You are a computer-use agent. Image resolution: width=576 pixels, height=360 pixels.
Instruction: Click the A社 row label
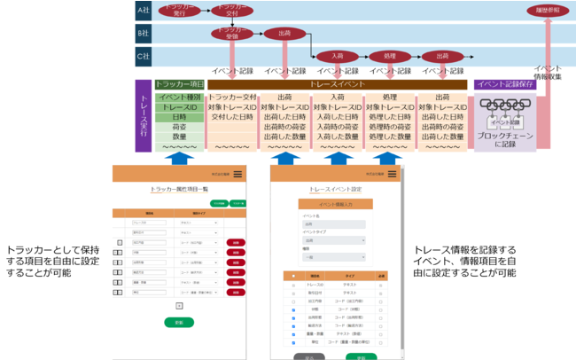[x=143, y=11]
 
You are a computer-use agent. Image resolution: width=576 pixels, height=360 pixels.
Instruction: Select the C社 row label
[x=143, y=55]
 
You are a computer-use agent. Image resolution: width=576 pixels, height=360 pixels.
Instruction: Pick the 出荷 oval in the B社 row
[x=284, y=33]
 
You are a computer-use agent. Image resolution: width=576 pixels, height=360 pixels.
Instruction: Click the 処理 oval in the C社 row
[x=389, y=55]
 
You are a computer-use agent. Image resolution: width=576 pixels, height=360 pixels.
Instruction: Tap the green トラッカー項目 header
[x=179, y=84]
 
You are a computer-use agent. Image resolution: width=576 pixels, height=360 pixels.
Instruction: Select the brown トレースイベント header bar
[x=338, y=84]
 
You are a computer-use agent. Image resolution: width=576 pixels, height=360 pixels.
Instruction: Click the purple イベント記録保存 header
[x=504, y=84]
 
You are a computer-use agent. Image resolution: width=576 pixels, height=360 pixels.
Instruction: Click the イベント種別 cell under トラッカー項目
[x=180, y=97]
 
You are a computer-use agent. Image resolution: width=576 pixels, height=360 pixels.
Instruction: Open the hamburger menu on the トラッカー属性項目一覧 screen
[x=237, y=174]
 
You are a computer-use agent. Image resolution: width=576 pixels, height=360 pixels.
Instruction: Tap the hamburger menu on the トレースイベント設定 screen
[x=392, y=174]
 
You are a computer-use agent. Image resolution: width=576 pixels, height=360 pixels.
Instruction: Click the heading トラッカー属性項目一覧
[x=179, y=189]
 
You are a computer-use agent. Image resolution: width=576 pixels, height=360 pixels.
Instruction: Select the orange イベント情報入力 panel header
[x=336, y=203]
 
